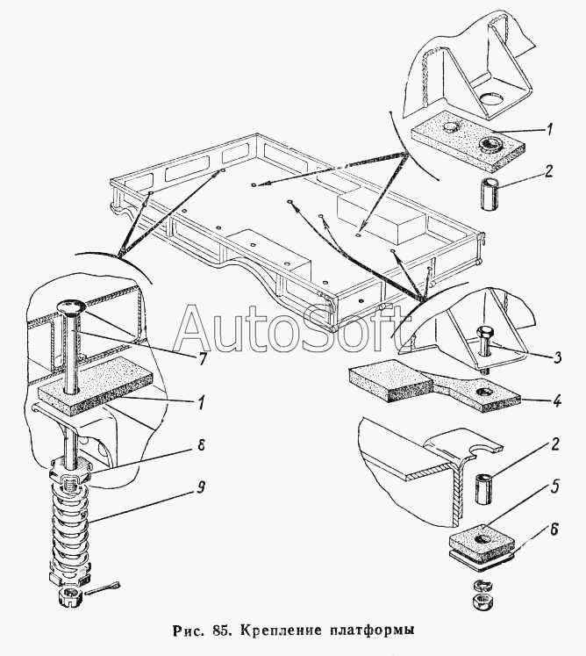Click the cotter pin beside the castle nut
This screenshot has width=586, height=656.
109,587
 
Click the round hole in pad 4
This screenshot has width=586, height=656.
482,390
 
